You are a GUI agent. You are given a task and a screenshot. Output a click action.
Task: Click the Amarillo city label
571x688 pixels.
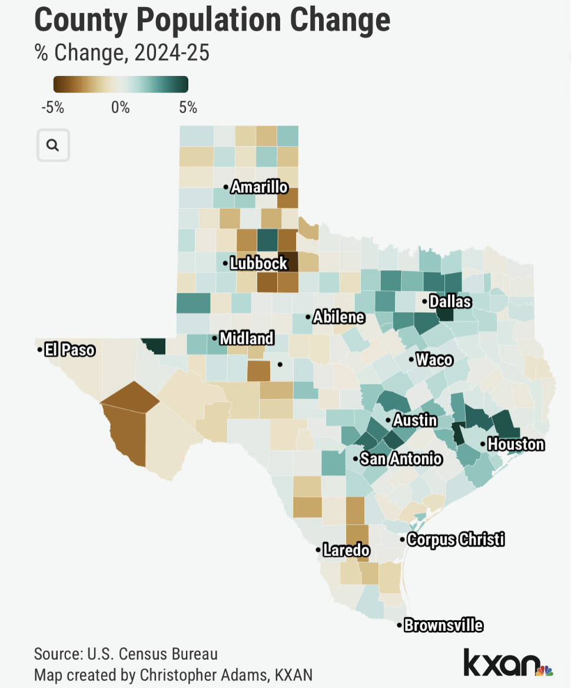click(x=259, y=187)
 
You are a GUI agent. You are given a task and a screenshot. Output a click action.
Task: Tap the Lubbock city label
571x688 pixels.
click(x=258, y=263)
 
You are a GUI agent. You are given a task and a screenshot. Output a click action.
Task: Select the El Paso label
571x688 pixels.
click(x=69, y=350)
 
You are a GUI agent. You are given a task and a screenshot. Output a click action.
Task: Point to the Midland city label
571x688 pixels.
click(x=246, y=338)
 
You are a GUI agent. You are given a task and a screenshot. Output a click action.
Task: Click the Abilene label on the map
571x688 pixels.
click(x=338, y=317)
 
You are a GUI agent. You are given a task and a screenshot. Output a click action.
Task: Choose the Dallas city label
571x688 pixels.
click(x=450, y=302)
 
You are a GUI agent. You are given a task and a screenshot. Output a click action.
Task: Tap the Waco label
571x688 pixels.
click(x=434, y=359)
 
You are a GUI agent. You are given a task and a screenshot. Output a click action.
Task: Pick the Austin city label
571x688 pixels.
click(x=415, y=420)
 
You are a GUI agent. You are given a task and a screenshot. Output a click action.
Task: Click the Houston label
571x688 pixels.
click(x=516, y=444)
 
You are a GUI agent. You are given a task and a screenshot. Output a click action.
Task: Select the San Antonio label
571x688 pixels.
click(x=401, y=458)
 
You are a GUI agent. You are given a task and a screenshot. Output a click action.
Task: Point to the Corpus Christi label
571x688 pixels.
click(x=456, y=539)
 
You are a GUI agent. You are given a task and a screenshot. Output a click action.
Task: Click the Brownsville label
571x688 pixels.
click(x=443, y=625)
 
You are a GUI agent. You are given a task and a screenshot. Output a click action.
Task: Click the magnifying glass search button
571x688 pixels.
click(x=53, y=145)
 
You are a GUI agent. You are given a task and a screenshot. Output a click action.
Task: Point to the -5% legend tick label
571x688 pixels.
click(x=53, y=108)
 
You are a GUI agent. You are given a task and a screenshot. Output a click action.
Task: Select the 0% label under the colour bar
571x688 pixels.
click(x=120, y=108)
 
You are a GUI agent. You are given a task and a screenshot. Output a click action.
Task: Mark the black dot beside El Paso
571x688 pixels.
click(x=39, y=350)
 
